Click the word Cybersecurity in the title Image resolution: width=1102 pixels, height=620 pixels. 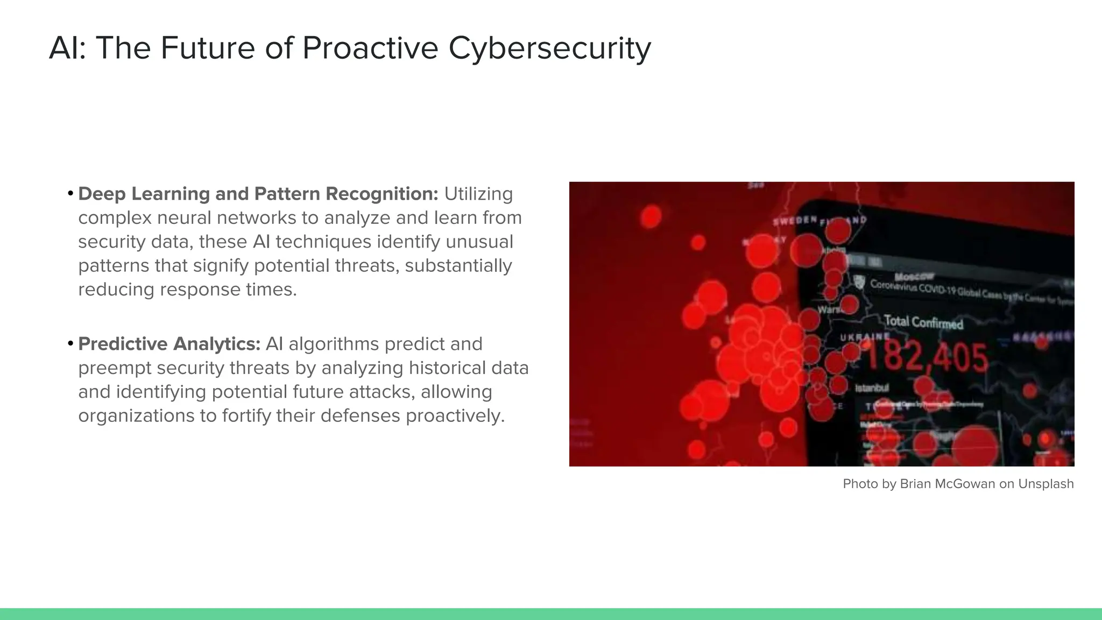(549, 48)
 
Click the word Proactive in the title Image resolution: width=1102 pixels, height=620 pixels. (370, 48)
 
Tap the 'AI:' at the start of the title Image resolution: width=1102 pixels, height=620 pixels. (67, 48)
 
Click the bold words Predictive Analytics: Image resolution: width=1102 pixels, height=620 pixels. (169, 344)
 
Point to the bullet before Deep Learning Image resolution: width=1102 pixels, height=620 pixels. (70, 193)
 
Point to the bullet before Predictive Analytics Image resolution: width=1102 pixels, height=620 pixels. (70, 343)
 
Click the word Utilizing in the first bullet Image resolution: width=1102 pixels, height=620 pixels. (478, 194)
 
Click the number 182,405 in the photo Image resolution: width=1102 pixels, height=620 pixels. (926, 357)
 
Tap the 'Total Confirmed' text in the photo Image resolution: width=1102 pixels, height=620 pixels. (923, 322)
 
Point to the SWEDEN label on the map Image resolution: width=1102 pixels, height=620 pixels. (795, 221)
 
